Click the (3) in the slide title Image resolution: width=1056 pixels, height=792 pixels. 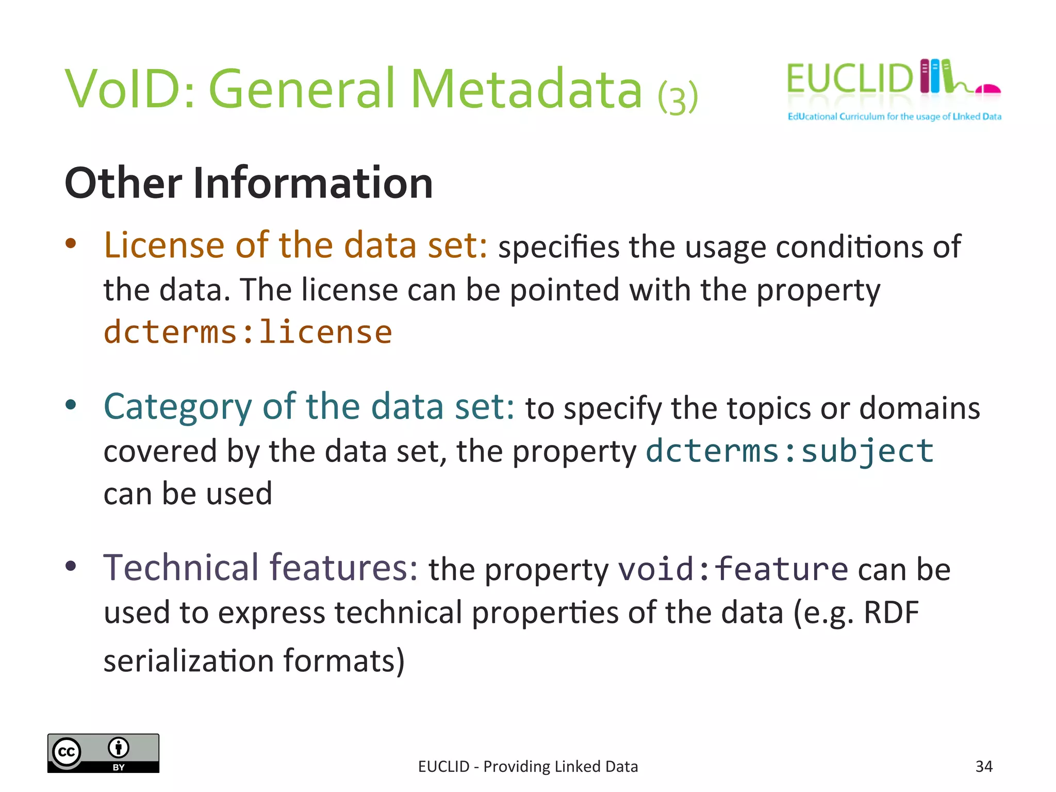click(678, 97)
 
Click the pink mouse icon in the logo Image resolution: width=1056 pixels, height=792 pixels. click(988, 90)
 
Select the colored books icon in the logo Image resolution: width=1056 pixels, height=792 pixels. click(936, 76)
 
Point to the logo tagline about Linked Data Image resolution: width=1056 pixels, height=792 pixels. click(894, 117)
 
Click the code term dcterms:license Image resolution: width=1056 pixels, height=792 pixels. click(247, 332)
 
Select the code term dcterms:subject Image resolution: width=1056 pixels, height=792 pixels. click(789, 451)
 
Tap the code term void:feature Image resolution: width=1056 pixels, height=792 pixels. click(733, 569)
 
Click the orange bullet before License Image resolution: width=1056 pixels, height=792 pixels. click(71, 243)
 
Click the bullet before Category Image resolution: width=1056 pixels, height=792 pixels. click(71, 405)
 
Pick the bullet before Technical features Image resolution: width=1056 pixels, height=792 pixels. click(71, 566)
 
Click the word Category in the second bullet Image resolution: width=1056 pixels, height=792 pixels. click(177, 407)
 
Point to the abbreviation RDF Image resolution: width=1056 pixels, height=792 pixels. click(891, 613)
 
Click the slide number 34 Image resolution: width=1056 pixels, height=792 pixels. click(984, 766)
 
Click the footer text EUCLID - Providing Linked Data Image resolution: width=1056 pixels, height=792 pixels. click(528, 766)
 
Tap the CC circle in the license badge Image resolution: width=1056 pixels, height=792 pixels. click(67, 752)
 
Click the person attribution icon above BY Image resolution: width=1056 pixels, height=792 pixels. click(119, 747)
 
